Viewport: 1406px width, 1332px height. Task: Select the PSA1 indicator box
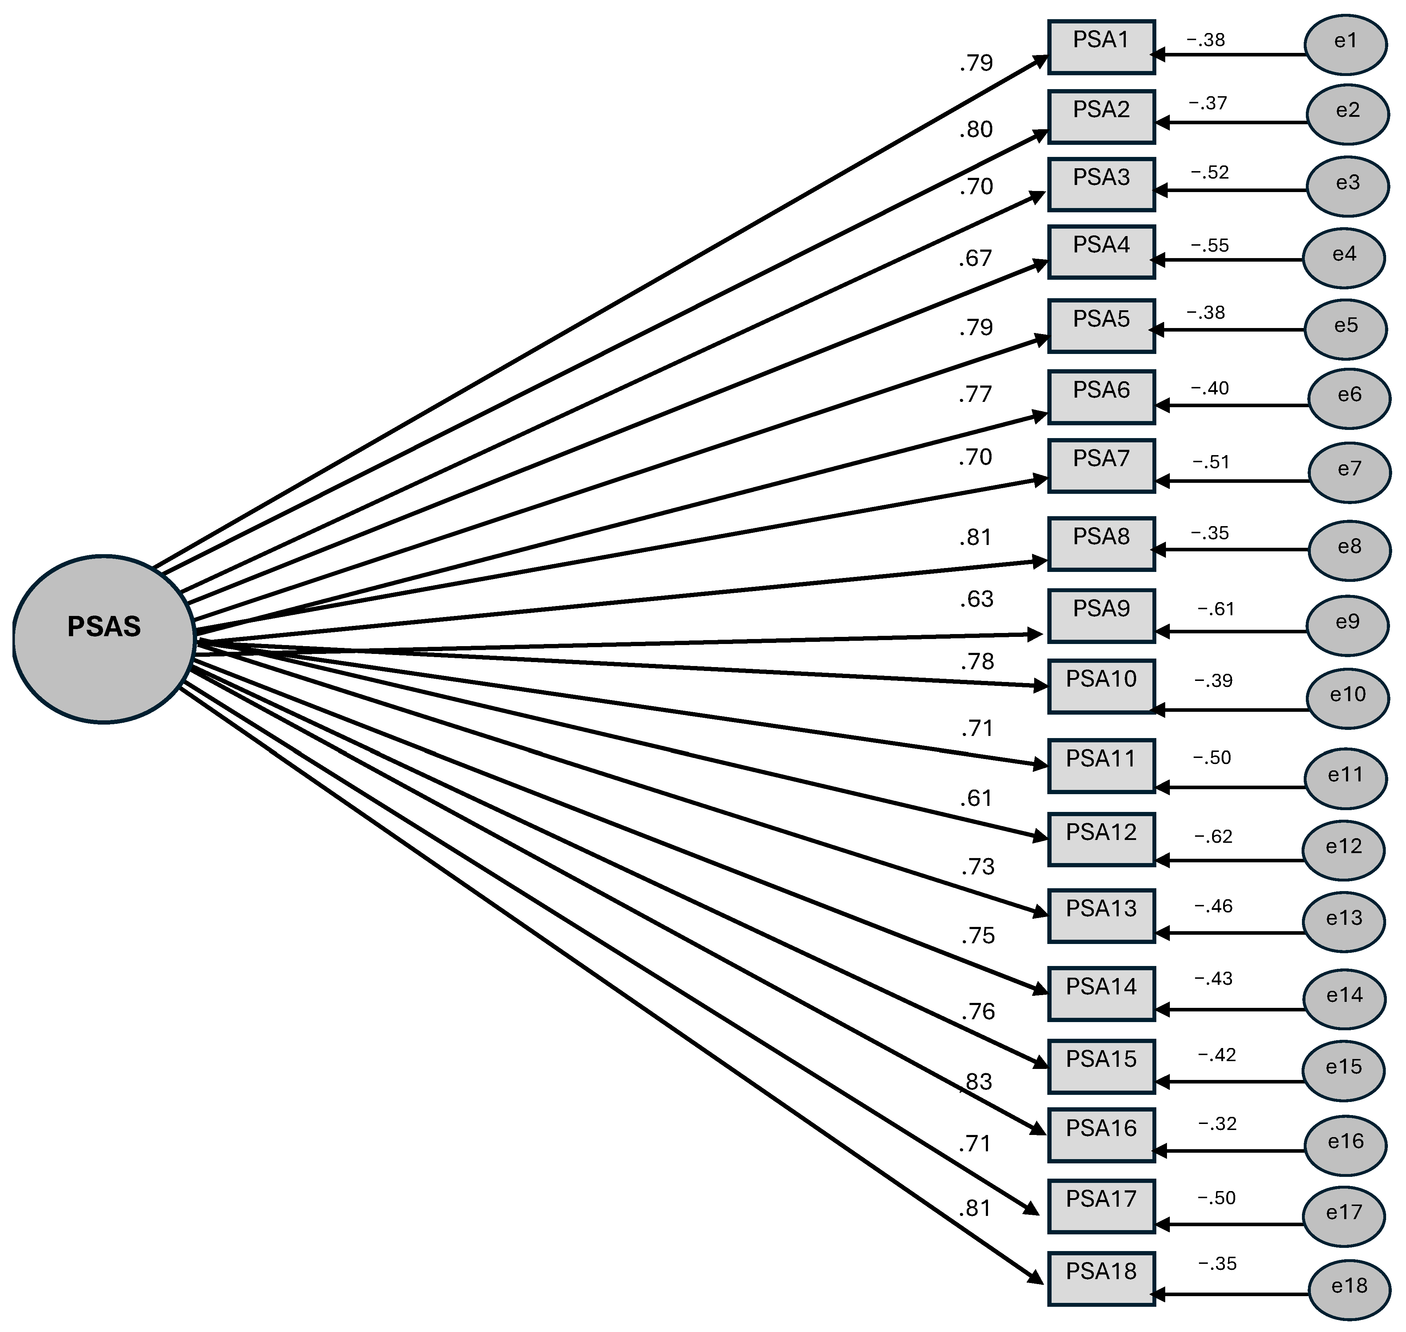click(1101, 47)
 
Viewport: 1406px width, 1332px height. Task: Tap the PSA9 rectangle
click(1101, 616)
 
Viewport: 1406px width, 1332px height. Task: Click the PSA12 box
click(1101, 839)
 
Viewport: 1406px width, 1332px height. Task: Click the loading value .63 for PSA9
click(976, 599)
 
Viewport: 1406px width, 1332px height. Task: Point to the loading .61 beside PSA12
click(976, 799)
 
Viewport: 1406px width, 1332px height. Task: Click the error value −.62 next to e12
click(1213, 836)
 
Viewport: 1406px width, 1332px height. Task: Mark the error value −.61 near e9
click(1216, 609)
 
